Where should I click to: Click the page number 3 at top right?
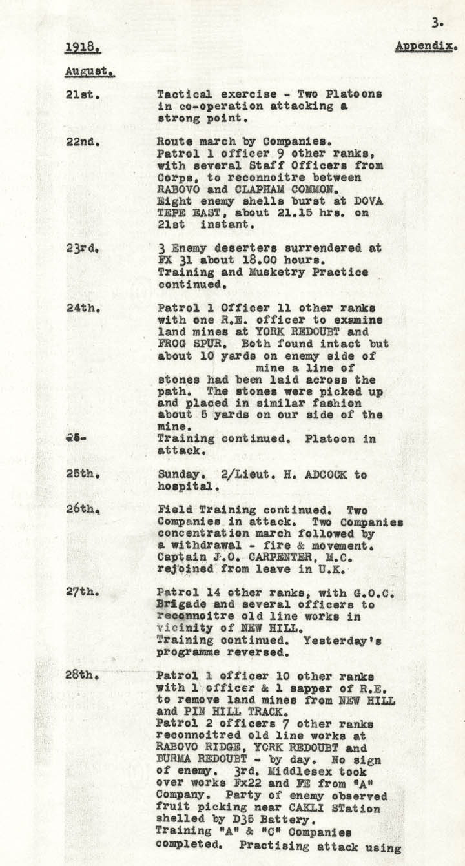click(x=437, y=23)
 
